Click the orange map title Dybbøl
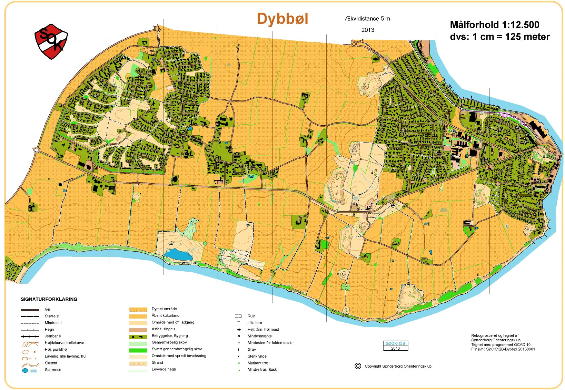pyautogui.click(x=282, y=19)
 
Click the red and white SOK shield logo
pyautogui.click(x=51, y=41)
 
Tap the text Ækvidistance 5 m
pyautogui.click(x=367, y=19)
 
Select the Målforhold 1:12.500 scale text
pyautogui.click(x=494, y=25)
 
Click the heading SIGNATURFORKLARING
pyautogui.click(x=49, y=299)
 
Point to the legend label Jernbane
pyautogui.click(x=53, y=336)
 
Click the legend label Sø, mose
pyautogui.click(x=53, y=370)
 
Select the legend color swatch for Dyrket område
pyautogui.click(x=138, y=309)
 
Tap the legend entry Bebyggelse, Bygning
pyautogui.click(x=170, y=336)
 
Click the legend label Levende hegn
pyautogui.click(x=163, y=369)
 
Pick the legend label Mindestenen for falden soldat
pyautogui.click(x=270, y=343)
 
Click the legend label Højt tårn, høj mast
pyautogui.click(x=263, y=330)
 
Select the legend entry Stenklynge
pyautogui.click(x=257, y=356)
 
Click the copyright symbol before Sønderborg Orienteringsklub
pyautogui.click(x=358, y=366)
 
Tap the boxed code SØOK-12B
pyautogui.click(x=395, y=343)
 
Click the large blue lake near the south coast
pyautogui.click(x=178, y=255)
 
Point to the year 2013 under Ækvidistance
pyautogui.click(x=368, y=30)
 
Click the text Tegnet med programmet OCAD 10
pyautogui.click(x=501, y=344)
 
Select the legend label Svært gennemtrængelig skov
pyautogui.click(x=177, y=349)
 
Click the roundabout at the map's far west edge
pyautogui.click(x=37, y=150)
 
